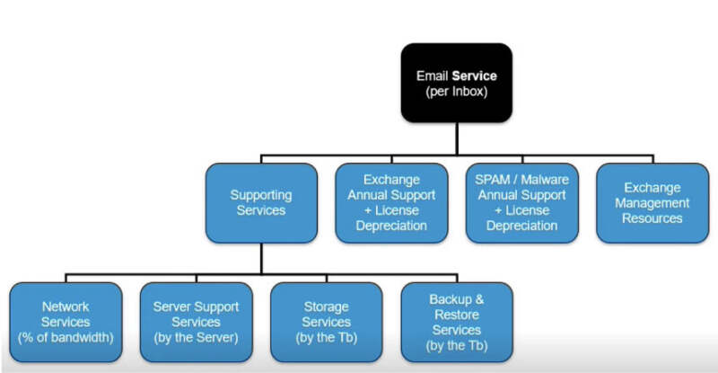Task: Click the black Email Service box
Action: coord(457,83)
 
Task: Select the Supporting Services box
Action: coord(261,202)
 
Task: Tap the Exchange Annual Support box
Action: coord(390,202)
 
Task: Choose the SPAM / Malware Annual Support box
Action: coord(521,202)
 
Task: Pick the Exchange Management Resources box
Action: coord(652,202)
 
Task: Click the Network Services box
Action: coord(66,322)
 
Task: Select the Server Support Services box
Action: coord(196,322)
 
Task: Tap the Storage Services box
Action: coord(327,322)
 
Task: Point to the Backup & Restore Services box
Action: coord(457,322)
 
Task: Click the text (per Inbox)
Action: coord(457,92)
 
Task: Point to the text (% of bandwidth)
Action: coord(66,337)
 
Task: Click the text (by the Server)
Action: coord(196,337)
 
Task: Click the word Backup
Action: coord(446,299)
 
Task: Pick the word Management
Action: coord(652,203)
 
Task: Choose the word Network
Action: coord(66,306)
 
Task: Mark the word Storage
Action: coord(327,306)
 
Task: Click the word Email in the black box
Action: coord(433,75)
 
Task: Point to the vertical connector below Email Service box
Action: coord(457,135)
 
